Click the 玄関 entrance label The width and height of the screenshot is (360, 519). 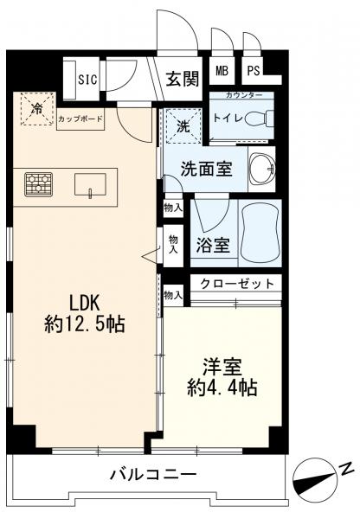183,78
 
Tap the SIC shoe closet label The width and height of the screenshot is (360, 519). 87,79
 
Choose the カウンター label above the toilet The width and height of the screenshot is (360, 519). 240,95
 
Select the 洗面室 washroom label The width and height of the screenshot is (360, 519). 205,168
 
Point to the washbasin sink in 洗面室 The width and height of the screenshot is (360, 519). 258,167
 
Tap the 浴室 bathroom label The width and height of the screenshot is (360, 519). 211,245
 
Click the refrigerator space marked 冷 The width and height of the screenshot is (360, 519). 36,111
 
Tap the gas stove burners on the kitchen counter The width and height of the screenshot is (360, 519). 38,183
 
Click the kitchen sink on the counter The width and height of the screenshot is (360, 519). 90,184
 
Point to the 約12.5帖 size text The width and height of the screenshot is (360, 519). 84,324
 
